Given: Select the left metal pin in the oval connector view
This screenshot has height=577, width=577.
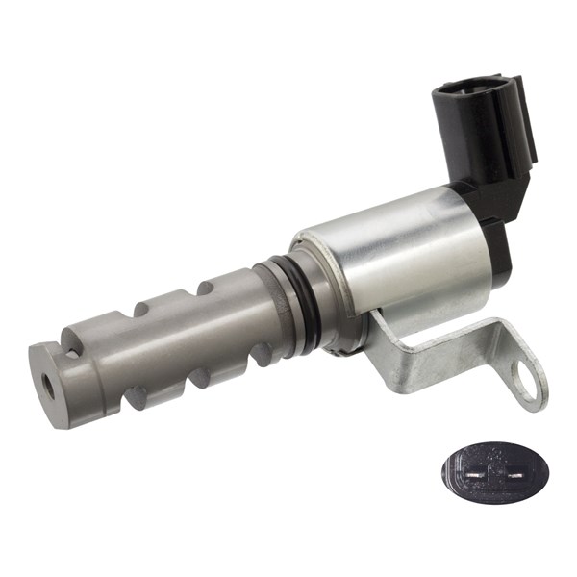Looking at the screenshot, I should [x=478, y=476].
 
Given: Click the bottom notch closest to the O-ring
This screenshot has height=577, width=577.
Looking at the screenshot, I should [x=259, y=356].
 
